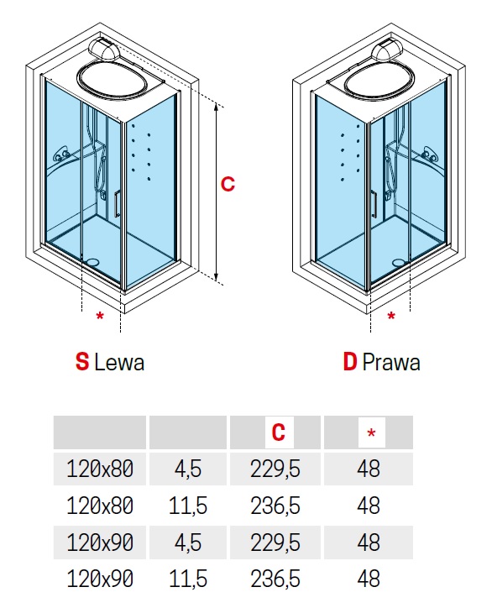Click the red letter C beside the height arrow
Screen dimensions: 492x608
point(228,184)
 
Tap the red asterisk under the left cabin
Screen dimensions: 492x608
point(100,317)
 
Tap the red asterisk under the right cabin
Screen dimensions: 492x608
point(391,316)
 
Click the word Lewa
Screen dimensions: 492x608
point(119,363)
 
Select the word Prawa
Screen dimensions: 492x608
point(390,363)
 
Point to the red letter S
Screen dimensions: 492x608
point(82,362)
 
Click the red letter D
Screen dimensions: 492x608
point(350,362)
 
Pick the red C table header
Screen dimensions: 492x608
point(279,432)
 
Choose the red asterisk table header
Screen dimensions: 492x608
point(371,432)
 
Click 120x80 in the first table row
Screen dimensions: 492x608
point(100,469)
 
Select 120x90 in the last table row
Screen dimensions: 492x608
point(100,579)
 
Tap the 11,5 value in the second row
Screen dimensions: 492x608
point(188,506)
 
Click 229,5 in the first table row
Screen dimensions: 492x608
point(275,469)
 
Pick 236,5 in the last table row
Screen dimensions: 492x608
point(275,579)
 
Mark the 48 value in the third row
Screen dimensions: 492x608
point(369,542)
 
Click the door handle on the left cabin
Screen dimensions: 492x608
point(117,202)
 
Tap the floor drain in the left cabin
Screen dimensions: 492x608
point(93,262)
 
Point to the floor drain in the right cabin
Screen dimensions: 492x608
point(398,263)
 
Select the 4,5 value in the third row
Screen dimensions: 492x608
point(188,542)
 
